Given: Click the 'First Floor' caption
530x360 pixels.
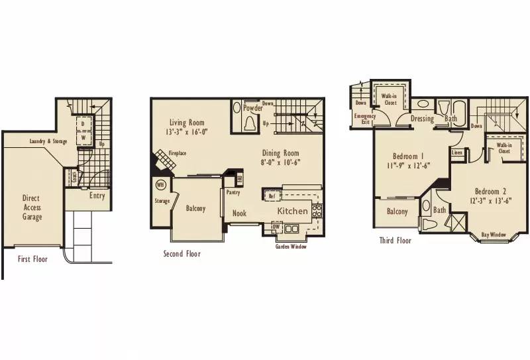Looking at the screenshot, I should [32, 259].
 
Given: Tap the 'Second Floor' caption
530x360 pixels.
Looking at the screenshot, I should [182, 254].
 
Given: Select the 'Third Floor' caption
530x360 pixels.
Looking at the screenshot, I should [395, 241].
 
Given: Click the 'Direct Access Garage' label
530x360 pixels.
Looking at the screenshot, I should [31, 207].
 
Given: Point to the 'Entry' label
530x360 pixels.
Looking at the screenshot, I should [97, 196].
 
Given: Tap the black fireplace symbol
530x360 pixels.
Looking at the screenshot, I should [162, 161].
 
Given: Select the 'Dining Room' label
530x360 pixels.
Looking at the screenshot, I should [283, 154].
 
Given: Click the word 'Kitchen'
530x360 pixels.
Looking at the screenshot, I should [292, 211].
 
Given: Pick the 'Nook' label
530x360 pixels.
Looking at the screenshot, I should [239, 213].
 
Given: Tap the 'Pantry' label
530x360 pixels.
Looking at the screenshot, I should [233, 193].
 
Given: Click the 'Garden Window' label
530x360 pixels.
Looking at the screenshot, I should [291, 246].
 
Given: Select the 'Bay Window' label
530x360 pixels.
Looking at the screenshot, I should [494, 234].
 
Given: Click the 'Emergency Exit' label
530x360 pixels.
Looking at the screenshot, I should [365, 119].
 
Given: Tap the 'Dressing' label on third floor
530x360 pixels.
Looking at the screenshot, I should [421, 119].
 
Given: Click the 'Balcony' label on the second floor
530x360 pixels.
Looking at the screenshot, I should [195, 208].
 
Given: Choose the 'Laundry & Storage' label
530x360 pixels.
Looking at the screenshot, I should [48, 141].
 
